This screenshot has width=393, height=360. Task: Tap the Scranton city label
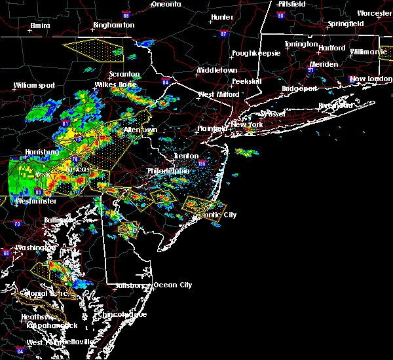tap(124, 75)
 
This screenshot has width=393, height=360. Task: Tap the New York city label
tap(247, 124)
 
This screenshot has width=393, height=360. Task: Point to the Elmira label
tap(40, 26)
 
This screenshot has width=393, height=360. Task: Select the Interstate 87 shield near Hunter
tap(223, 34)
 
